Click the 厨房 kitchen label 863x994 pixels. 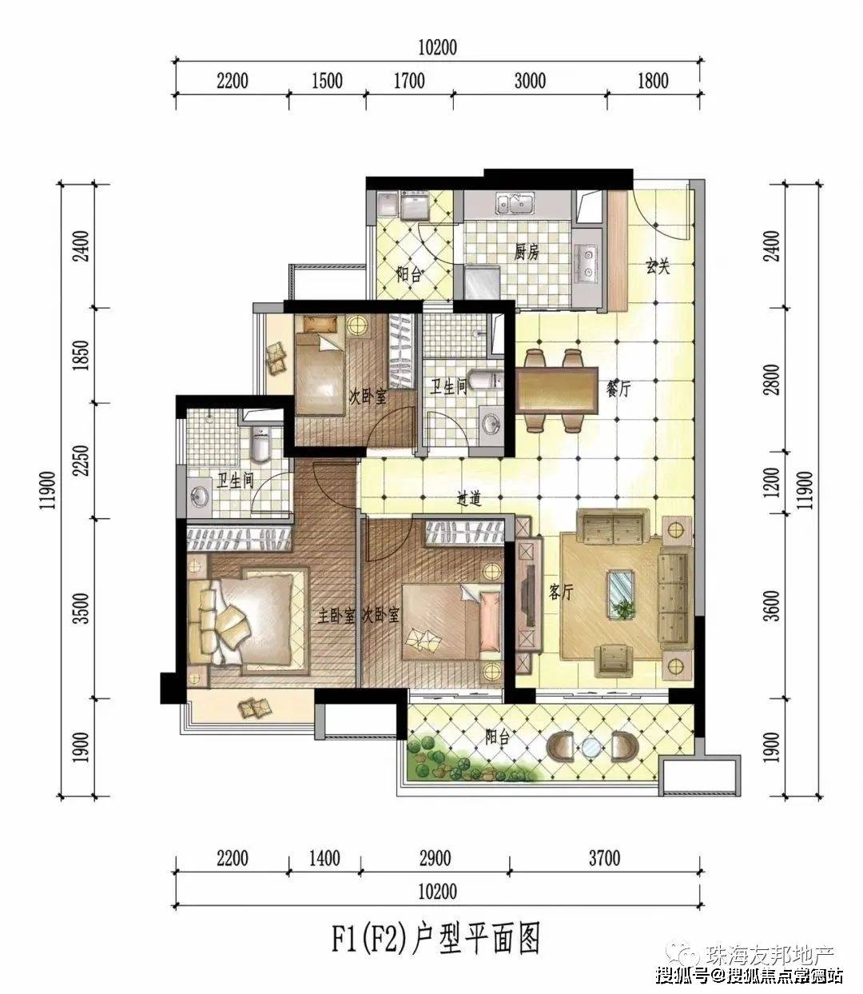tap(526, 252)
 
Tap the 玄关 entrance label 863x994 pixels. tap(657, 266)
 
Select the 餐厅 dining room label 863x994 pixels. tap(618, 389)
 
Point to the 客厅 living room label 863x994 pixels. tap(561, 591)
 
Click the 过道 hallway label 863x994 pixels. tap(469, 498)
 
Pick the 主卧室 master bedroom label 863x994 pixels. tap(336, 616)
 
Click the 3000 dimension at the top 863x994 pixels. tap(530, 81)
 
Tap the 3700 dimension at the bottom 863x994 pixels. tap(604, 858)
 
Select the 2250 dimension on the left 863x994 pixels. tap(83, 460)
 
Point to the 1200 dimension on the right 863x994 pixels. tap(773, 482)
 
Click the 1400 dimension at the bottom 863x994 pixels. tap(324, 858)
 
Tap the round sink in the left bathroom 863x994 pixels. tap(200, 497)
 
